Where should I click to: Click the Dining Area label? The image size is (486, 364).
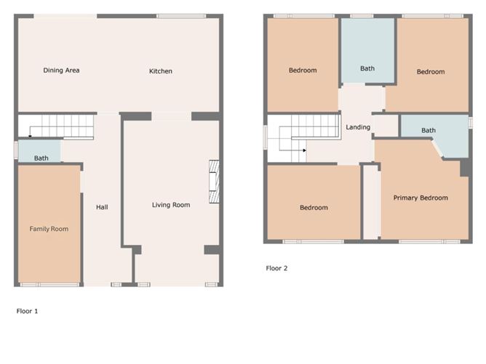61,70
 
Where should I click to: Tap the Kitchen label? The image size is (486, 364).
161,71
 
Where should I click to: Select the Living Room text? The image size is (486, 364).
171,205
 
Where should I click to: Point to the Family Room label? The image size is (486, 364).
49,229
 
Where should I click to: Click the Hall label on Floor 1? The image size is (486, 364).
102,207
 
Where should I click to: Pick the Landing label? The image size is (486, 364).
358,127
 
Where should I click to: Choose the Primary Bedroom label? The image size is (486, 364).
421,198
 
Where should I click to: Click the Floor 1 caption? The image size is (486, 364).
27,311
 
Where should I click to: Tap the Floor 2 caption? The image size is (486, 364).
276,268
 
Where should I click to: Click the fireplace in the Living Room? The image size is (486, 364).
214,182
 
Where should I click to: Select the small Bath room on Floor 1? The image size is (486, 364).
39,151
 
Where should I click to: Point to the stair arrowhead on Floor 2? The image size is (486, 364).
305,150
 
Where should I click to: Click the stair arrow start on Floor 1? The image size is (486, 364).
30,136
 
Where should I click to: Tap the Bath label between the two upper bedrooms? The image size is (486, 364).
367,68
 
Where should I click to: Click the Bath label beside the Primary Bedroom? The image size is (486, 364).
429,131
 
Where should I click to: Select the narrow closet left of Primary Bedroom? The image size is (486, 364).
371,202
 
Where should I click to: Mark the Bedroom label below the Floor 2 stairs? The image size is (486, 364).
314,208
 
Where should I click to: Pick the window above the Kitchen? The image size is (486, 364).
181,16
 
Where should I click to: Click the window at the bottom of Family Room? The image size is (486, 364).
50,285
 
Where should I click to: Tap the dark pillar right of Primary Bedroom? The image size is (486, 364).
464,168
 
